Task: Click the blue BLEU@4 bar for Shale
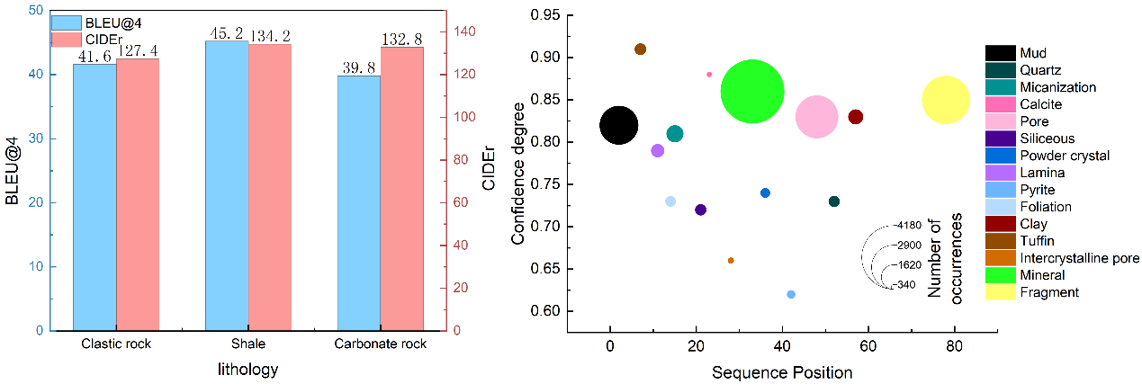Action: (227, 185)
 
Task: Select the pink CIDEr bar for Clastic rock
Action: (138, 194)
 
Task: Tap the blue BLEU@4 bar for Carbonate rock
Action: (358, 202)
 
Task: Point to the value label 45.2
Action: (227, 33)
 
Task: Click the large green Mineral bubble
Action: (752, 92)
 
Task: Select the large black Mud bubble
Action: (618, 125)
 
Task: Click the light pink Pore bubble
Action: (817, 117)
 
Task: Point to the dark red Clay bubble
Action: (856, 117)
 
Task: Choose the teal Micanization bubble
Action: (675, 134)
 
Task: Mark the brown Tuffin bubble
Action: (640, 49)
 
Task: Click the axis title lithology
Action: (248, 369)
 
